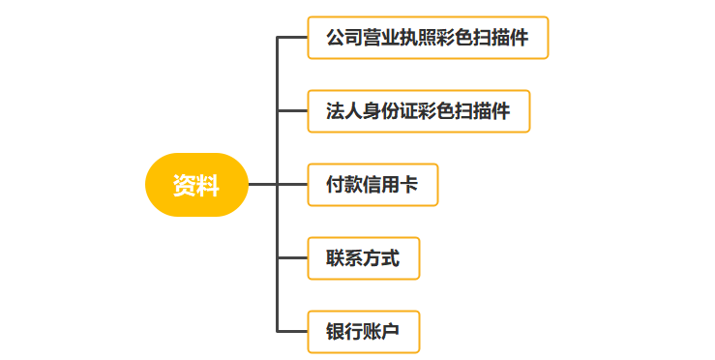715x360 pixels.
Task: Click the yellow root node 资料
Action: point(196,185)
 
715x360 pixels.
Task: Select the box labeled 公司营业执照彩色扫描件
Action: point(428,38)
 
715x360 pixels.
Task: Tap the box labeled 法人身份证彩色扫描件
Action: point(418,111)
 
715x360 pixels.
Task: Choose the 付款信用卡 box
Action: point(372,185)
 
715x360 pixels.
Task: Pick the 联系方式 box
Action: point(363,258)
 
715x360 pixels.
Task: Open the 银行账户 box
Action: point(363,332)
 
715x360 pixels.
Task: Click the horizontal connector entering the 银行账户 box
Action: point(292,332)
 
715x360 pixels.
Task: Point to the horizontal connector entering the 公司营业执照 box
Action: point(292,38)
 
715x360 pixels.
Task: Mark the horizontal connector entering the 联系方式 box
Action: point(292,258)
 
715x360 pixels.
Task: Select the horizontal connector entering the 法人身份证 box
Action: point(292,111)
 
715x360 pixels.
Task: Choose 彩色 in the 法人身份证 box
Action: point(436,112)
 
